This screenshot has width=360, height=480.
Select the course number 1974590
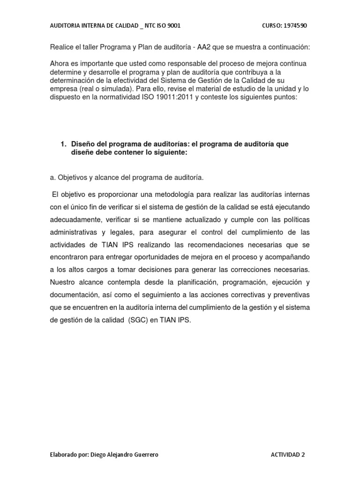[x=294, y=25]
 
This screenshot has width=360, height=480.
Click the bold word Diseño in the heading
[x=83, y=144]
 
